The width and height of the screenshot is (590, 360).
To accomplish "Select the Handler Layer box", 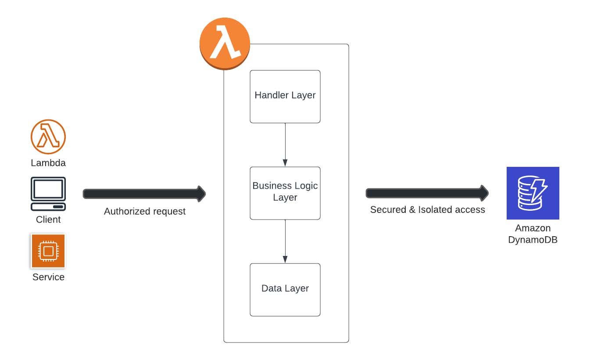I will [285, 96].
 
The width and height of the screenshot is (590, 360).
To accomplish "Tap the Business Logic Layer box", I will [285, 193].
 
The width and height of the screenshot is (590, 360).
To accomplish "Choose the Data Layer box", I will [285, 289].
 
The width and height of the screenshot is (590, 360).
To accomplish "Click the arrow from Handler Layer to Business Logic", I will [285, 144].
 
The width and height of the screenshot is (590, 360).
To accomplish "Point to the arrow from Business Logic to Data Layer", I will [285, 241].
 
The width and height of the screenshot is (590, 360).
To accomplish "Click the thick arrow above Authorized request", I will [144, 194].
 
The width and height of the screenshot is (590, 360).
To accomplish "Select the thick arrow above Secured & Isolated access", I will [427, 193].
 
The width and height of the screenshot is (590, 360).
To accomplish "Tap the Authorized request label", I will [144, 212].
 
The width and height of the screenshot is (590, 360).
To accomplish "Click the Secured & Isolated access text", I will [427, 210].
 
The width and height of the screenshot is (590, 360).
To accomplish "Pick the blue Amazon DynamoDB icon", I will [533, 193].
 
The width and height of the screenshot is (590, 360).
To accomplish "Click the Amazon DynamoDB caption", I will [533, 234].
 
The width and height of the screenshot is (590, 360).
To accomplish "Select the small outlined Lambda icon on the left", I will [48, 137].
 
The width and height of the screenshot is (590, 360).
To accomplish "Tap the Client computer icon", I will [48, 194].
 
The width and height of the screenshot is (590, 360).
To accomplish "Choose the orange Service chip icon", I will [48, 251].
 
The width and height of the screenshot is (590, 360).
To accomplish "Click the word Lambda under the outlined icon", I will [48, 163].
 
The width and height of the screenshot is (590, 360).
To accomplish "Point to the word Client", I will [48, 220].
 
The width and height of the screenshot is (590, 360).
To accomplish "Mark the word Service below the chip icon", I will [48, 277].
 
